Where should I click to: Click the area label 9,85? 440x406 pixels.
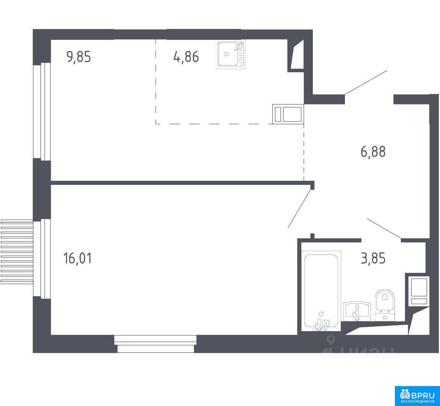click(79, 57)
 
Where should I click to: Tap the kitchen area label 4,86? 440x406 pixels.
click(186, 57)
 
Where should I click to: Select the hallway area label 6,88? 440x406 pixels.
click(373, 152)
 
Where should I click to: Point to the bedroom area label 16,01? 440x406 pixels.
click(78, 258)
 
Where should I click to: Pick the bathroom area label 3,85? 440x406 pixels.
click(373, 258)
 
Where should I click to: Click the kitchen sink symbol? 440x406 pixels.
click(231, 54)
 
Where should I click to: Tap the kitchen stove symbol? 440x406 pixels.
click(288, 114)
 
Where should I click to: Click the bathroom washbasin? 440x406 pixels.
click(357, 311)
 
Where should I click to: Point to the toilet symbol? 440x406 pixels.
click(385, 305)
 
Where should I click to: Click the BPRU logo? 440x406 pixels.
click(417, 396)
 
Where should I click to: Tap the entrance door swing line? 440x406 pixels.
click(366, 82)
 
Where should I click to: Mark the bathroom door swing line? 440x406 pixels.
click(384, 229)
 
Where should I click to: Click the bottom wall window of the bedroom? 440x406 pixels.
click(155, 344)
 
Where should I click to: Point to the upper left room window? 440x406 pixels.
click(42, 112)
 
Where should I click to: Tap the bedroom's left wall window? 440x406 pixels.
click(42, 259)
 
